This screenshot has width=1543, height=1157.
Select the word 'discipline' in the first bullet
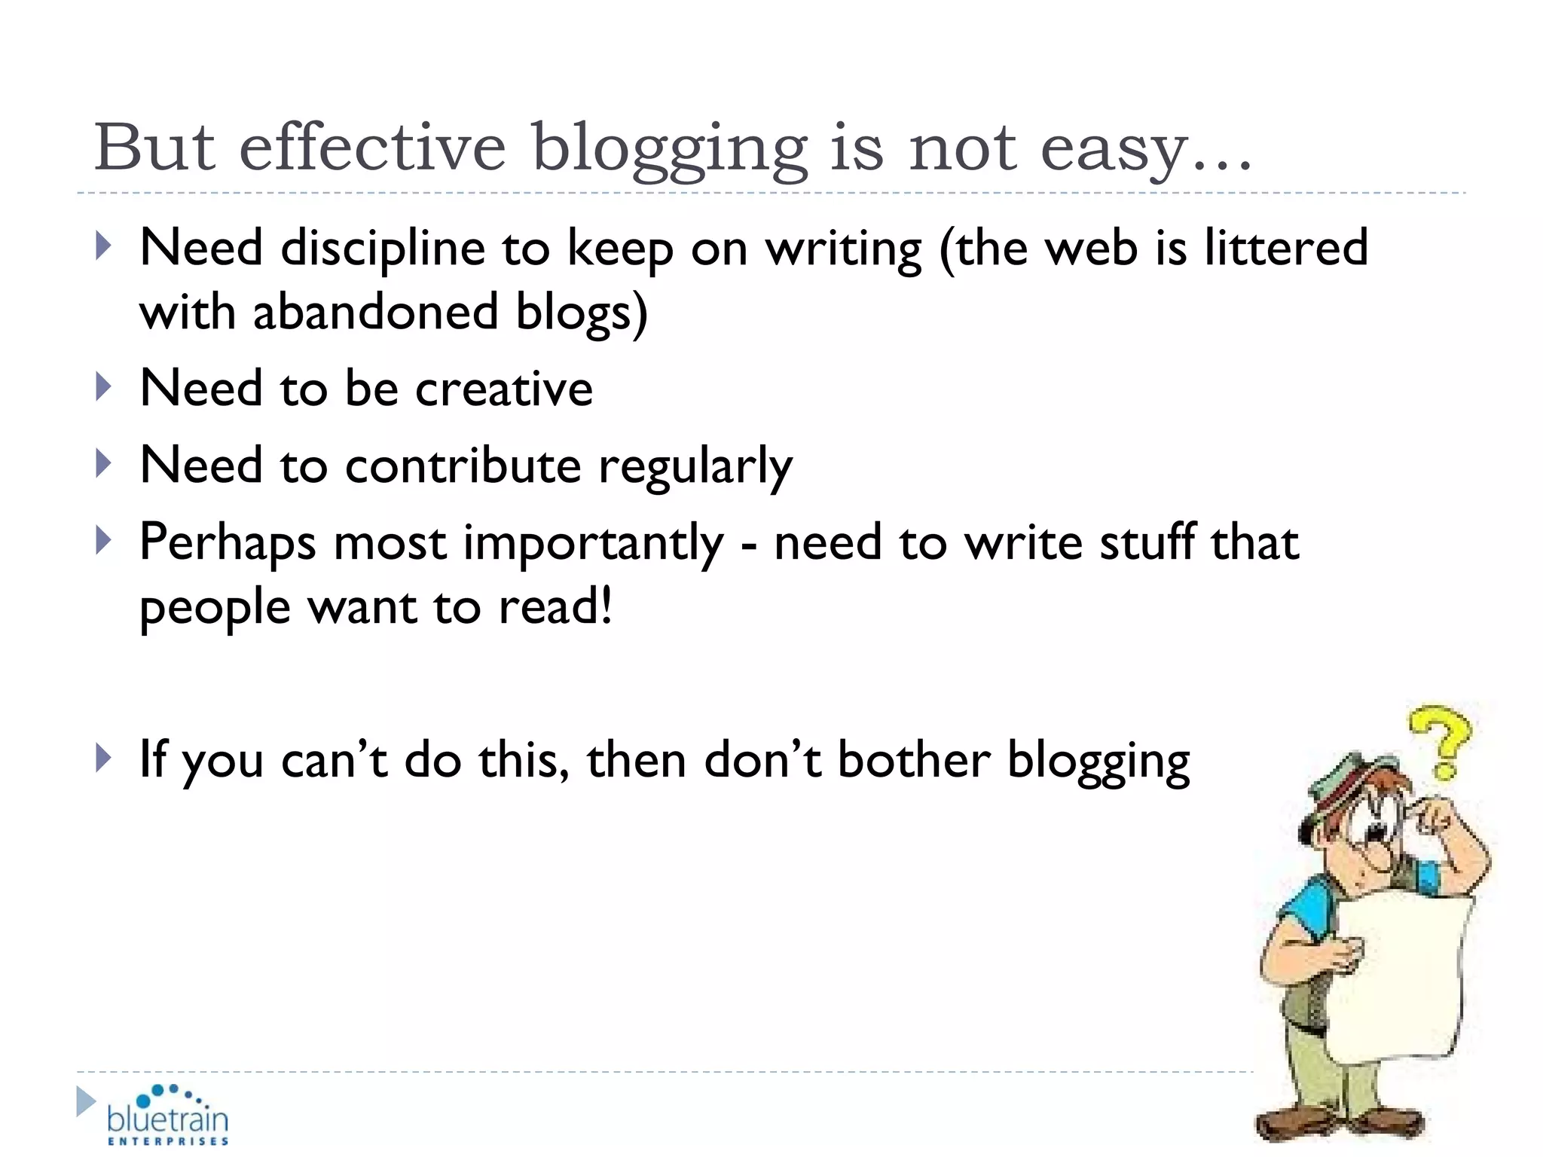pyautogui.click(x=383, y=249)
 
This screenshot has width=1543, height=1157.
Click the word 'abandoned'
pyautogui.click(x=375, y=312)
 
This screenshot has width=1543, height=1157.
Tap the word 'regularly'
pyautogui.click(x=695, y=467)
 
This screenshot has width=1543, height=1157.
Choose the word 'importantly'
pyautogui.click(x=593, y=543)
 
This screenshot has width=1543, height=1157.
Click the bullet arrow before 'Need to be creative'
pyautogui.click(x=103, y=387)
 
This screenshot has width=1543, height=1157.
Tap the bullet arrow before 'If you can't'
pyautogui.click(x=103, y=758)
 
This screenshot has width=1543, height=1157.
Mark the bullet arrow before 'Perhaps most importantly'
pyautogui.click(x=103, y=541)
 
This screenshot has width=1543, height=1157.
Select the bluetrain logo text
pyautogui.click(x=167, y=1118)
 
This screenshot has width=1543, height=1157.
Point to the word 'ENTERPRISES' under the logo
pyautogui.click(x=167, y=1142)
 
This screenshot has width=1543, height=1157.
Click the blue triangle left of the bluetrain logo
pyautogui.click(x=85, y=1101)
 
